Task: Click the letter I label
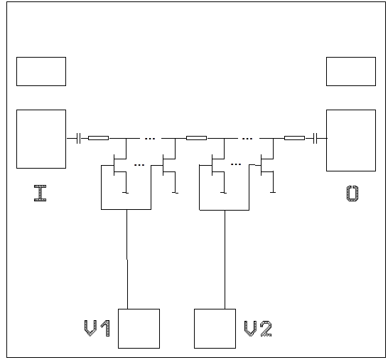coord(41,193)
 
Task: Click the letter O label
coord(352,193)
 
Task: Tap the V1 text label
coord(96,328)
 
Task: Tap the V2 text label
coord(258,328)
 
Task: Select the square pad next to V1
coord(139,328)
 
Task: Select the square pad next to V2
coord(215,328)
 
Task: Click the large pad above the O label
coord(351,140)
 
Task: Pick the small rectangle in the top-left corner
coord(41,71)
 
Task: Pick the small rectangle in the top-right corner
coord(351,71)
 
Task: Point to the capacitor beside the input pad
coord(77,137)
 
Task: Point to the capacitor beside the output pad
coord(314,137)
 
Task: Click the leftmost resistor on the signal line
coord(98,137)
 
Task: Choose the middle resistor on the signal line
coord(196,137)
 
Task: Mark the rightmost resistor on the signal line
coord(293,137)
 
